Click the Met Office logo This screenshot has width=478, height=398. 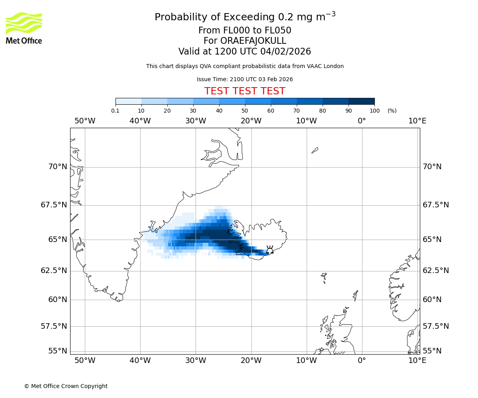[24, 28]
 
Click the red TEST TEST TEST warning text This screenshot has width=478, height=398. [245, 91]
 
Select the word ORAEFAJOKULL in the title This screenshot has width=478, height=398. [253, 41]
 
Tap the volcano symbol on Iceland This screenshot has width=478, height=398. [270, 250]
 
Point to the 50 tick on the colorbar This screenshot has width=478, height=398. [245, 111]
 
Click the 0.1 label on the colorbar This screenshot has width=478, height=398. [116, 111]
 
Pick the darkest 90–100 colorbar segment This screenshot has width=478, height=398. [361, 101]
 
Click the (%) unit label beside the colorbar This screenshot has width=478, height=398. [392, 111]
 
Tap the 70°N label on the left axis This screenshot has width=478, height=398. [57, 167]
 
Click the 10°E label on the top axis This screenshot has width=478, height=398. [417, 121]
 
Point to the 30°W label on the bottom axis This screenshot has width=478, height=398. [196, 361]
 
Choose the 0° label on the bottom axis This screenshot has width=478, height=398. [362, 361]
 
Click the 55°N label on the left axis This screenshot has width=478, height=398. [57, 351]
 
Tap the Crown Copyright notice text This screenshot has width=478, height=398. [66, 386]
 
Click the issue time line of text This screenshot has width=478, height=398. [245, 79]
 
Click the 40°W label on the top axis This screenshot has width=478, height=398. [140, 121]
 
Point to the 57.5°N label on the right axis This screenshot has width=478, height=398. [436, 326]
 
